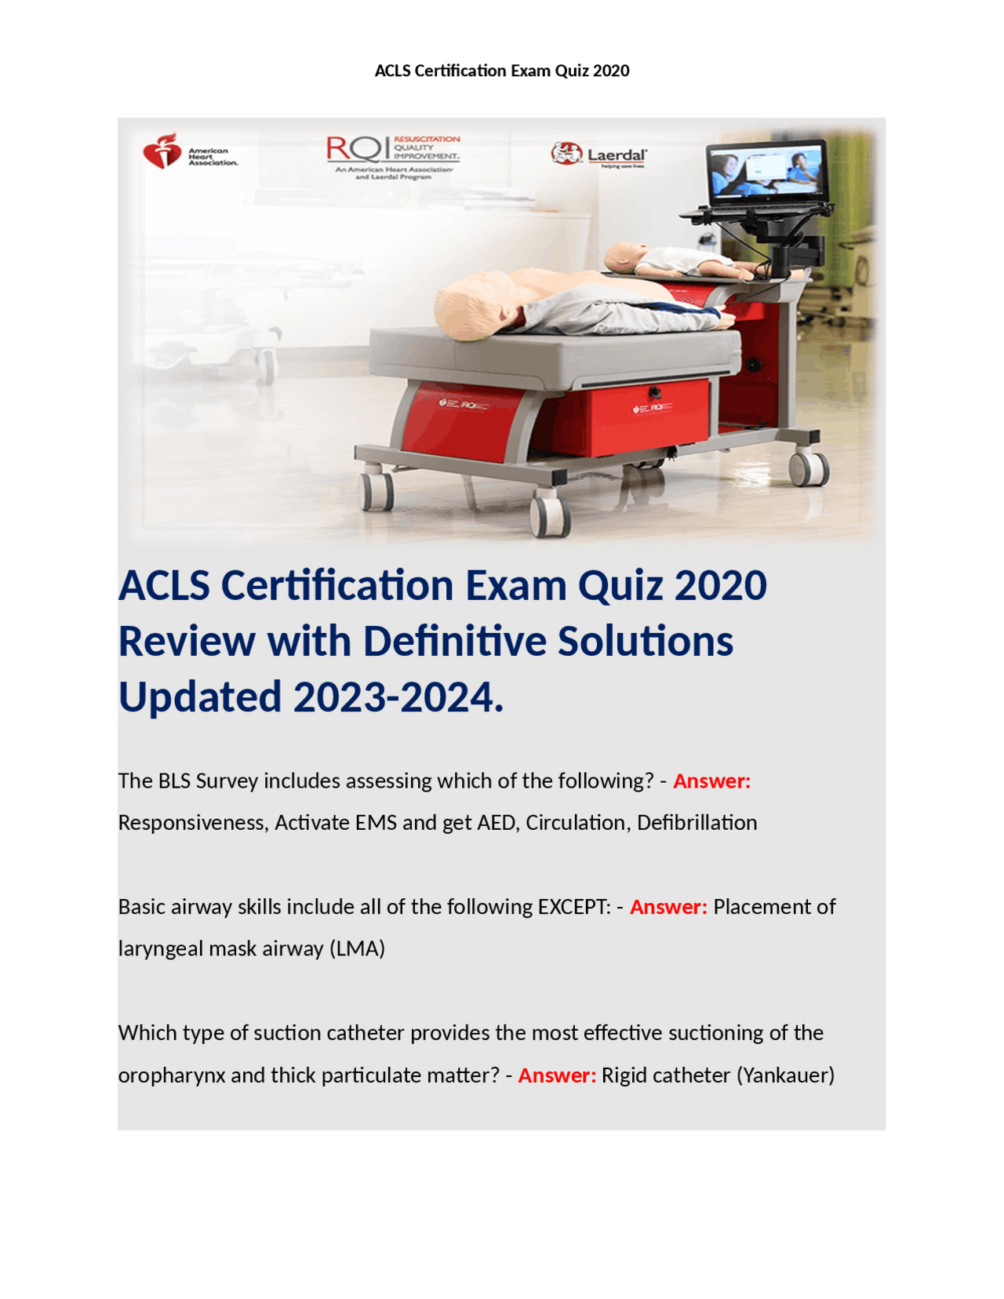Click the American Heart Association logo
[x=189, y=151]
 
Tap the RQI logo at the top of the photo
[x=392, y=155]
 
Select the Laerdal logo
[x=599, y=155]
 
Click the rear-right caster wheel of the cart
[x=809, y=468]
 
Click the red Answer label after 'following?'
[x=711, y=781]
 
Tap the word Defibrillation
[x=697, y=823]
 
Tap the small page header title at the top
[x=502, y=71]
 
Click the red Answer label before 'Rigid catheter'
[x=557, y=1075]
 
